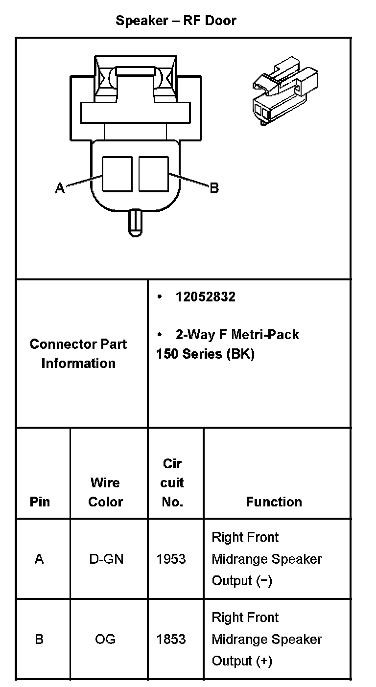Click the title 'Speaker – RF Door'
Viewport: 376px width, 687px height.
[176, 21]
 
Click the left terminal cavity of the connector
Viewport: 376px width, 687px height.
[117, 174]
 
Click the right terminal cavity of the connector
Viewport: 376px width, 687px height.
[153, 174]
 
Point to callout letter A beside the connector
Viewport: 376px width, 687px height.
[60, 188]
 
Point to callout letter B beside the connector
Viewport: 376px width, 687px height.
[214, 188]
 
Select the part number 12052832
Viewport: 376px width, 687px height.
[205, 297]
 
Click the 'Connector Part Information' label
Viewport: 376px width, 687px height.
[78, 353]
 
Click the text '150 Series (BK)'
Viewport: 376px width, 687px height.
[205, 354]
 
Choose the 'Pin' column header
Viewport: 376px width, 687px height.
[40, 502]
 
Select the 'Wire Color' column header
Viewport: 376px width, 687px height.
[105, 492]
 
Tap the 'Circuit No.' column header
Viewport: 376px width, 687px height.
[172, 482]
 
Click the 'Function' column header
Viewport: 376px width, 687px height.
[274, 502]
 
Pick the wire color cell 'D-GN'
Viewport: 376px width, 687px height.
[105, 559]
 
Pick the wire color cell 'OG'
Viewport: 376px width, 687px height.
[105, 639]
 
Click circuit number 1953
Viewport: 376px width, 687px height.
[171, 559]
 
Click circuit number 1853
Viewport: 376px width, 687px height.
[171, 639]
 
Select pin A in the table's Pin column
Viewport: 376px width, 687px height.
[39, 559]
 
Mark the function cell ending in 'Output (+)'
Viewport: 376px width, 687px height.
[266, 639]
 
